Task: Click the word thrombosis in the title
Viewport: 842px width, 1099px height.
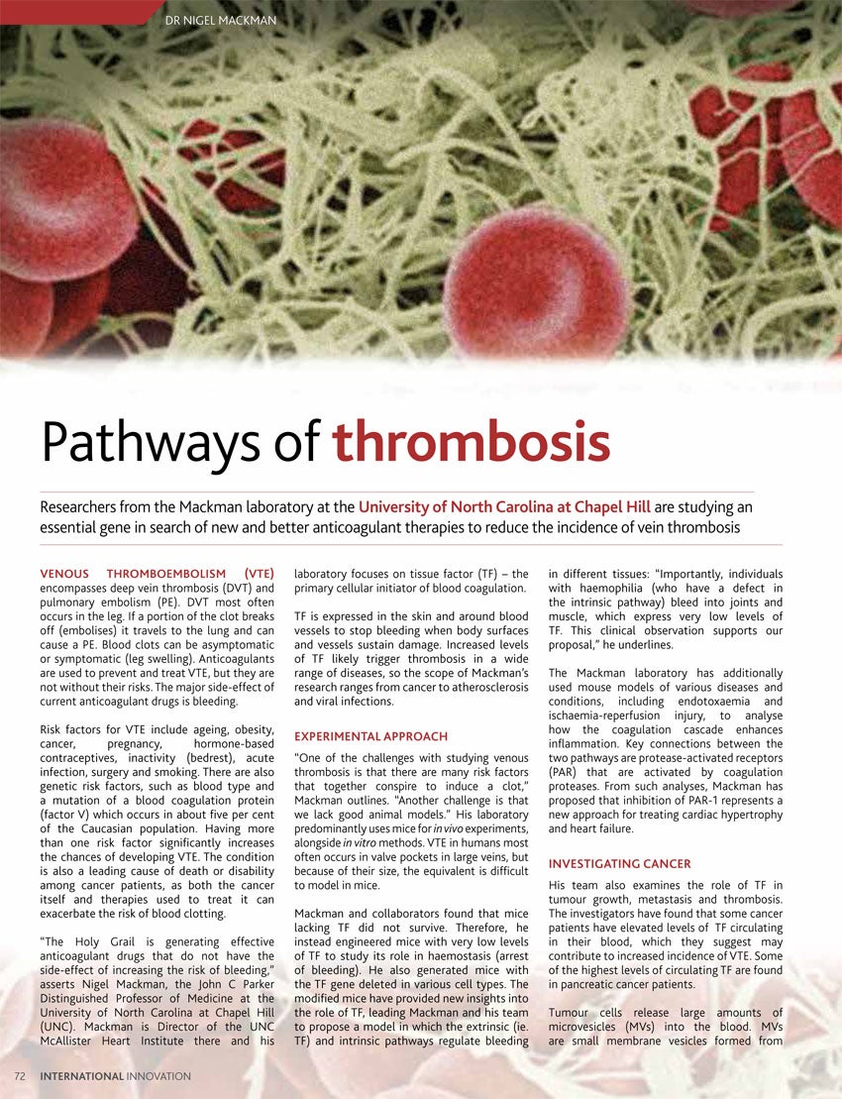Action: [x=471, y=443]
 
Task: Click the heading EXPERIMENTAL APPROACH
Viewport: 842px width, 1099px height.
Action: [x=370, y=736]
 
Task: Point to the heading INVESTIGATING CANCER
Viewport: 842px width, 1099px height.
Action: [x=619, y=864]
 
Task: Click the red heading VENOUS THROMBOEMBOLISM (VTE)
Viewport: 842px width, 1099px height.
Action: [x=157, y=574]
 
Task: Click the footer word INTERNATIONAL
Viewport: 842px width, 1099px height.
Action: [x=82, y=1075]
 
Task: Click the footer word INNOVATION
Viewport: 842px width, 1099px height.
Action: [x=159, y=1075]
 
